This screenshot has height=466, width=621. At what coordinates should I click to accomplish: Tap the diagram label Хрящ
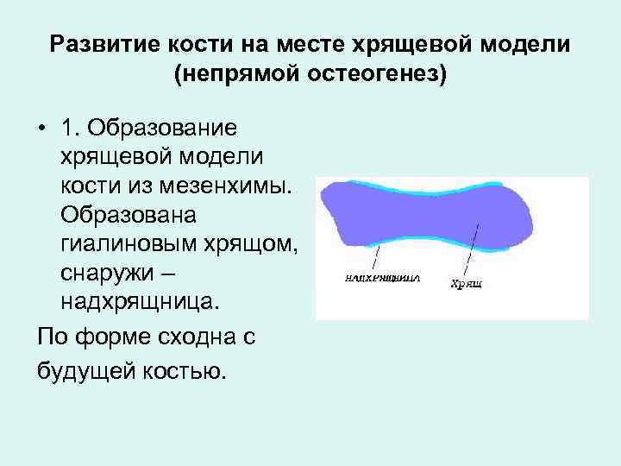pos(466,282)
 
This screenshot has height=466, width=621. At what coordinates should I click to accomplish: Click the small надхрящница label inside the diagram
pos(381,279)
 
